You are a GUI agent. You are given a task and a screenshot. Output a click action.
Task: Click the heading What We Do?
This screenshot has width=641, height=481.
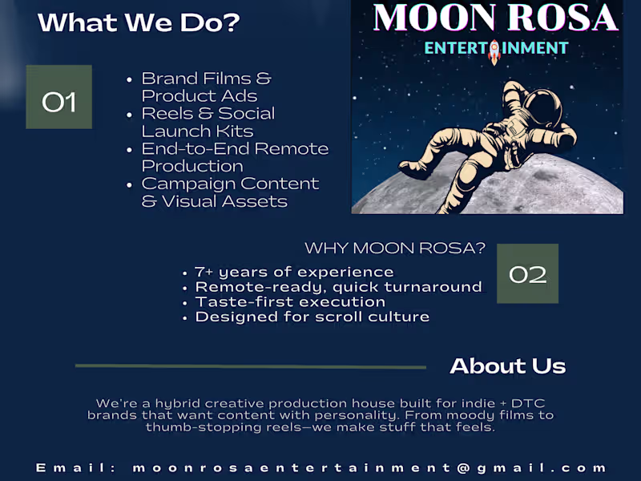tap(139, 22)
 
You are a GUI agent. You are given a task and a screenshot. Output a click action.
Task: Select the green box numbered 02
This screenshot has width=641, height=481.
tap(527, 274)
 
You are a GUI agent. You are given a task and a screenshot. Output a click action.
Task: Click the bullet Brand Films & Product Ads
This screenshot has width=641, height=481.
tap(207, 87)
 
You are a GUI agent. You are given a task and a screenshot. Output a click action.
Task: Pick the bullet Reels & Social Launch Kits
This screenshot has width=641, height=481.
tap(208, 123)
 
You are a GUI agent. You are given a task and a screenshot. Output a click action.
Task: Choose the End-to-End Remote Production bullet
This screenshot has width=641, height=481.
tap(235, 158)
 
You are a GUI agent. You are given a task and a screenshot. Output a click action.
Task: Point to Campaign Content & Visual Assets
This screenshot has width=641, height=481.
tap(230, 193)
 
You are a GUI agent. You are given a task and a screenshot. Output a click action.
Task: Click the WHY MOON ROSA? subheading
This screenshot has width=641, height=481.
tap(395, 249)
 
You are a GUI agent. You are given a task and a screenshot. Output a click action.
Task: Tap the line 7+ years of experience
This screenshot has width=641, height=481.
tap(294, 273)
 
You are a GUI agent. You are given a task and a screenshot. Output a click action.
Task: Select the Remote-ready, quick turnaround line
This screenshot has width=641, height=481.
tap(338, 287)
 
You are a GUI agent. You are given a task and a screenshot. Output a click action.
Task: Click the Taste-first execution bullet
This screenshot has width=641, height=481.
tap(290, 302)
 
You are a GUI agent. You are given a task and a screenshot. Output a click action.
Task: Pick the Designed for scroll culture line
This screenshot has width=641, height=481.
tap(312, 317)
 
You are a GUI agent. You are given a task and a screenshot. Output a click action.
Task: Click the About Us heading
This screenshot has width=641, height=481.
tap(507, 366)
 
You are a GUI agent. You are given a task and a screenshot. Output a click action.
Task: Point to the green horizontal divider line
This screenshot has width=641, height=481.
tap(250, 366)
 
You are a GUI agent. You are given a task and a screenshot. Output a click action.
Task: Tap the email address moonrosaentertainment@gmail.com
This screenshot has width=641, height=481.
tap(369, 467)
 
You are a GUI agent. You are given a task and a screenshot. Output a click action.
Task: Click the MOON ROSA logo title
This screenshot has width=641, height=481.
tap(495, 18)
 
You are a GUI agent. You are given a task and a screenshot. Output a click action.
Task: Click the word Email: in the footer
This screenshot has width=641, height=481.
tap(76, 467)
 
